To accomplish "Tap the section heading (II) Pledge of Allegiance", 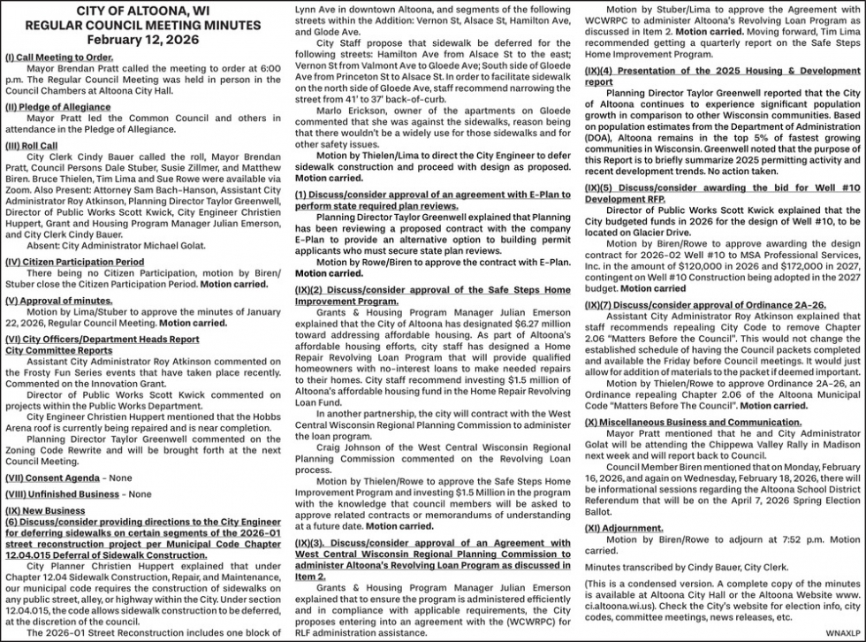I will [58, 107].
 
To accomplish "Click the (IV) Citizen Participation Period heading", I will [74, 262].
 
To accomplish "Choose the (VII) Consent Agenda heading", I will [53, 478].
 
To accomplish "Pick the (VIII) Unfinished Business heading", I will [62, 494].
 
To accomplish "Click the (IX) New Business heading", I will [45, 511].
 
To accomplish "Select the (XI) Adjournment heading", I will [624, 528].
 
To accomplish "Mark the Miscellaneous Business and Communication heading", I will [693, 423].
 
